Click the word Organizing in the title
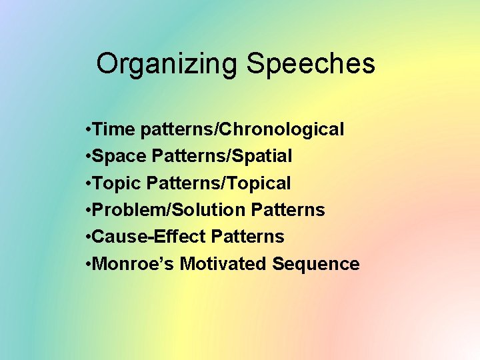[x=167, y=65]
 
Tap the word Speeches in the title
[x=311, y=65]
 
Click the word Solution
[x=210, y=210]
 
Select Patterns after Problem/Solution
[x=288, y=210]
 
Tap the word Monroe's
[x=134, y=264]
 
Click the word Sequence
[x=315, y=264]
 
